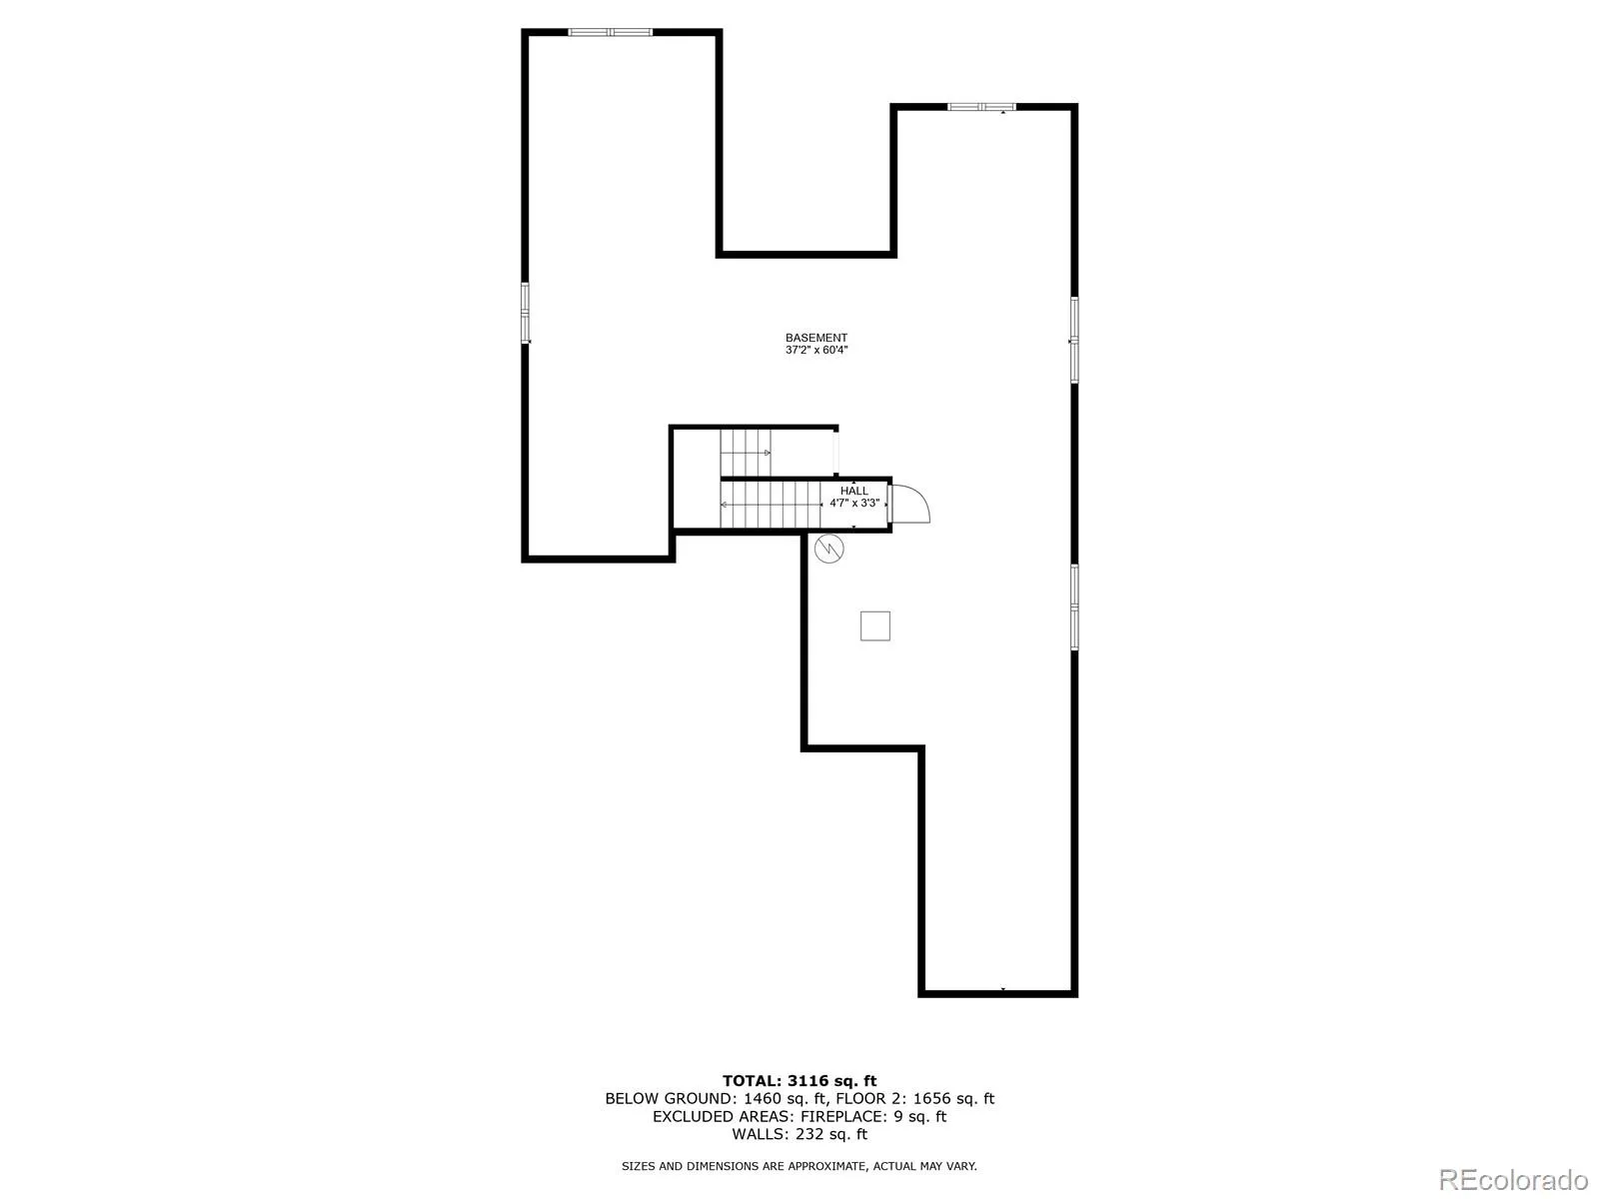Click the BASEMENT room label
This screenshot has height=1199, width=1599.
pyautogui.click(x=815, y=338)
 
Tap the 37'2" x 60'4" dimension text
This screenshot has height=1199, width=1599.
pyautogui.click(x=815, y=350)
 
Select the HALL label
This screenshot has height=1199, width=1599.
pyautogui.click(x=853, y=491)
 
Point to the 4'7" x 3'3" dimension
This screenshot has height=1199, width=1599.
pyautogui.click(x=854, y=503)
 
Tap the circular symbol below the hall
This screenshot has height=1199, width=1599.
pyautogui.click(x=829, y=549)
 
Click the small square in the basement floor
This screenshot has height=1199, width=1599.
pyautogui.click(x=874, y=626)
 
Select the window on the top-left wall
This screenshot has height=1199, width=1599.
pyautogui.click(x=610, y=32)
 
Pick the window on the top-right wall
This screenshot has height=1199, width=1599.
pyautogui.click(x=981, y=107)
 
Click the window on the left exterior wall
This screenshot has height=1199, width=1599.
pyautogui.click(x=525, y=313)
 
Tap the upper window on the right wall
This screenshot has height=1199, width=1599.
pyautogui.click(x=1074, y=340)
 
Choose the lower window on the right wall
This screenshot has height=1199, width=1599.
pyautogui.click(x=1074, y=606)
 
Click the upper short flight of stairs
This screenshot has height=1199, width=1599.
pyautogui.click(x=746, y=452)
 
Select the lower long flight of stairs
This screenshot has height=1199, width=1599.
pyautogui.click(x=770, y=504)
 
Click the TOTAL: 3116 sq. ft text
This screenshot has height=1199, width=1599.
pyautogui.click(x=799, y=1081)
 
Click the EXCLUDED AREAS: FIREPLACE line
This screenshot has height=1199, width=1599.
pyautogui.click(x=799, y=1116)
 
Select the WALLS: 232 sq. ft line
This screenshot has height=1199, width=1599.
pyautogui.click(x=799, y=1133)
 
